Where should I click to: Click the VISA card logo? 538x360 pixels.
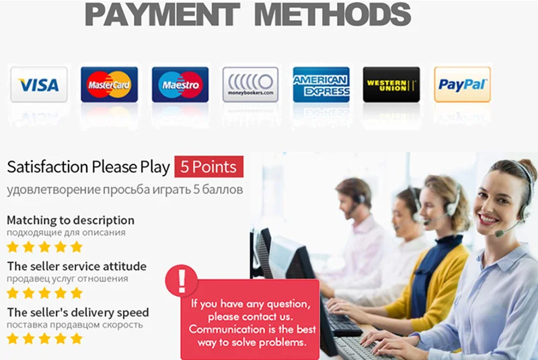pyautogui.click(x=39, y=84)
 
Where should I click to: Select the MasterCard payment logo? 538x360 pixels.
pyautogui.click(x=109, y=84)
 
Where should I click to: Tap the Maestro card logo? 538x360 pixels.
pyautogui.click(x=180, y=84)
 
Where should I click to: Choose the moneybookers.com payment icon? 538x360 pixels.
pyautogui.click(x=250, y=84)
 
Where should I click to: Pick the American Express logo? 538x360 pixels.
pyautogui.click(x=321, y=84)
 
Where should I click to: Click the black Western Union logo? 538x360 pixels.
pyautogui.click(x=391, y=84)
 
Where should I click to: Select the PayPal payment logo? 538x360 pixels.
pyautogui.click(x=462, y=84)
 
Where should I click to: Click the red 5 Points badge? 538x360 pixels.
pyautogui.click(x=208, y=167)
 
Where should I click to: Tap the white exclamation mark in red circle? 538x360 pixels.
pyautogui.click(x=182, y=281)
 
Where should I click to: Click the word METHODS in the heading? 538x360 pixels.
pyautogui.click(x=332, y=14)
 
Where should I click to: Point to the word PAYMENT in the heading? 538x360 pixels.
pyautogui.click(x=162, y=14)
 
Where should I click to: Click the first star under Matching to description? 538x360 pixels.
pyautogui.click(x=13, y=247)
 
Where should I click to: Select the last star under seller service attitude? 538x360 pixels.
pyautogui.click(x=77, y=293)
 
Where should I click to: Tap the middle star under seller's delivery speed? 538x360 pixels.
pyautogui.click(x=44, y=338)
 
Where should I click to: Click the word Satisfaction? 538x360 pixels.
pyautogui.click(x=48, y=167)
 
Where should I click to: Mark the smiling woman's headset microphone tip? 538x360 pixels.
pyautogui.click(x=499, y=233)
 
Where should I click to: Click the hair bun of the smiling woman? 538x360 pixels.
pyautogui.click(x=529, y=166)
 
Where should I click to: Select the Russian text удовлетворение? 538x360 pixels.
pyautogui.click(x=54, y=190)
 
